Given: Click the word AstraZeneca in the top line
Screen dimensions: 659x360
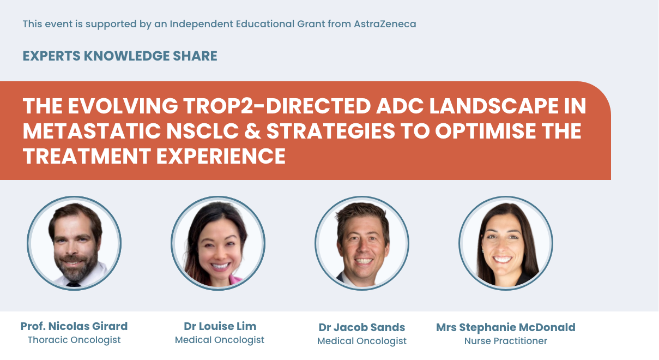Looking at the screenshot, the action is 385,24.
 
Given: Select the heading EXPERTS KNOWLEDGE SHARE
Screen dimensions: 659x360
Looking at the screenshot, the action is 120,56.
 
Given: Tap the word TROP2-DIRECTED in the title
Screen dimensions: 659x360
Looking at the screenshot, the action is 277,106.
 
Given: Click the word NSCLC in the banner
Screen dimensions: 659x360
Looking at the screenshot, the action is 202,131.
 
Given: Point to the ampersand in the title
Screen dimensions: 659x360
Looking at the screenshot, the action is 252,131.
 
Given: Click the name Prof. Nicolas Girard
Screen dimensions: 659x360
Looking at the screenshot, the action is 74,326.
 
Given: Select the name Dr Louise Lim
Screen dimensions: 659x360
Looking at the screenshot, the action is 220,326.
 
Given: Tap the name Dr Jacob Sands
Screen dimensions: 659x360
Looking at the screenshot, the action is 361,327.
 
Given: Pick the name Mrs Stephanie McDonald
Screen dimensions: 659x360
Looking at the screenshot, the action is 505,327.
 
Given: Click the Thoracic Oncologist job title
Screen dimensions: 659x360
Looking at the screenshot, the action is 74,340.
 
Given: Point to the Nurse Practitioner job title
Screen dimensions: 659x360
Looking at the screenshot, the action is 505,341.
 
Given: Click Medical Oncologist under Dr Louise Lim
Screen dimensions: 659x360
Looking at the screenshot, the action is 220,340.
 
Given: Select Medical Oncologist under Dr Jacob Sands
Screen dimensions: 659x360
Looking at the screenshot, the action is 361,341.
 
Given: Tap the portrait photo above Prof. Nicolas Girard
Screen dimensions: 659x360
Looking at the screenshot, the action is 74,243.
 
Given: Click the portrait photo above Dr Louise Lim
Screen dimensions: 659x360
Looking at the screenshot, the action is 218,243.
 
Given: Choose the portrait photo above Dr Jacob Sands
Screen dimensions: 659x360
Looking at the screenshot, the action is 362,243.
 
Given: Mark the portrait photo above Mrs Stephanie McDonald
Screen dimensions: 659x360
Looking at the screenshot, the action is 506,243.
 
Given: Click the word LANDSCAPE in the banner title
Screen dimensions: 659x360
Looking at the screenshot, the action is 494,106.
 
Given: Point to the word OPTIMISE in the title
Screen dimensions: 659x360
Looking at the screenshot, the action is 486,131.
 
